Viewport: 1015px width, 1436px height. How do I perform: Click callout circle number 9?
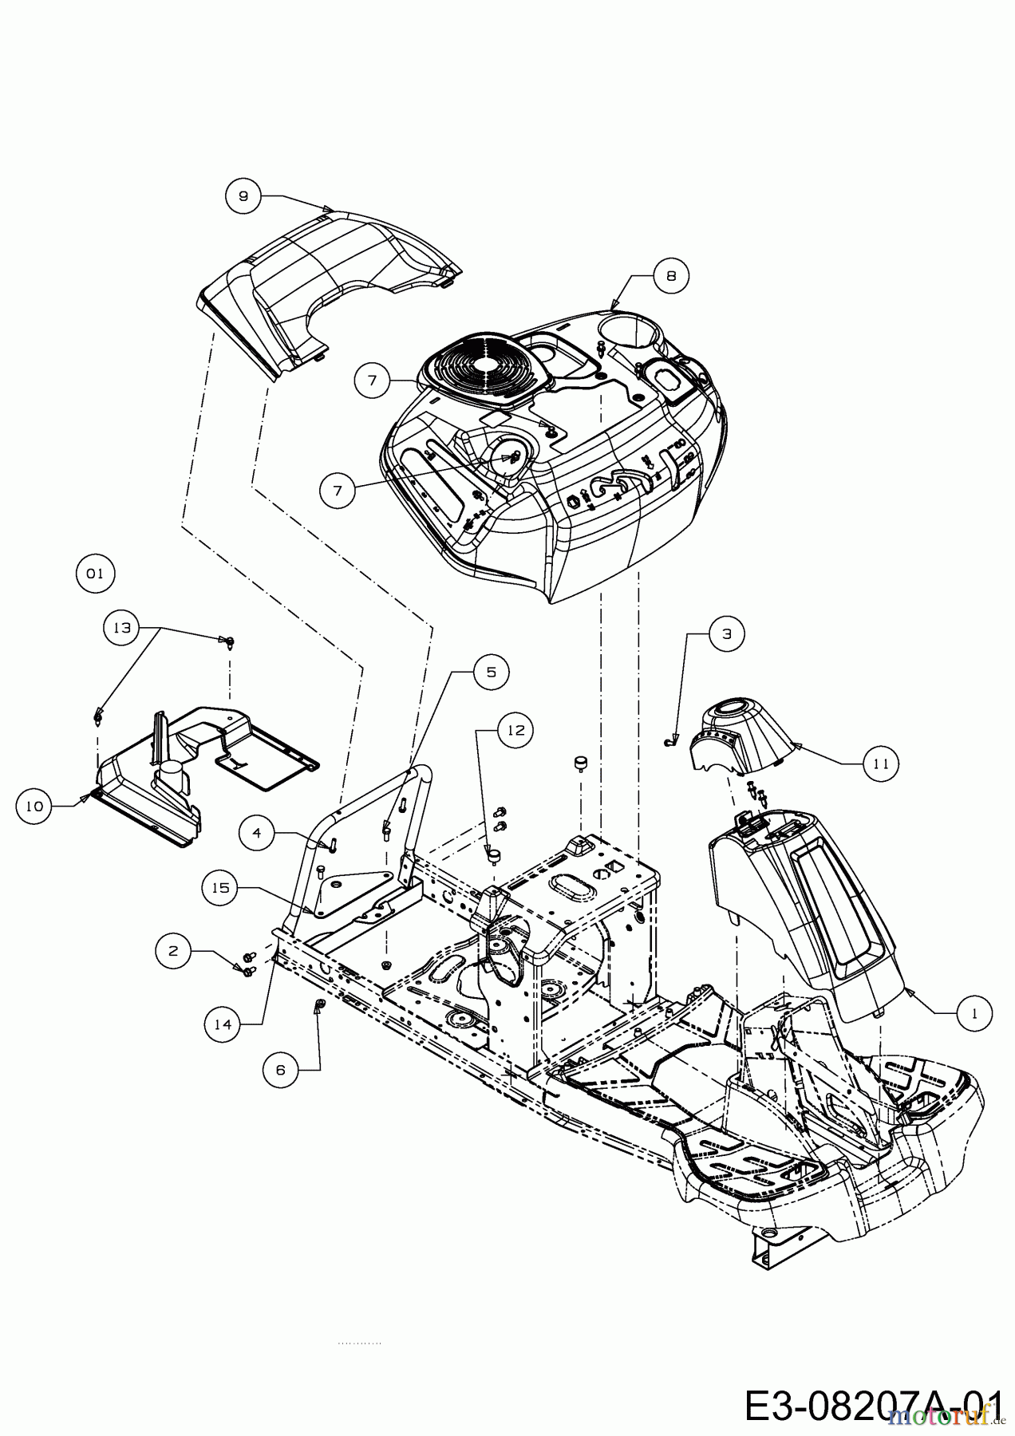[x=243, y=195]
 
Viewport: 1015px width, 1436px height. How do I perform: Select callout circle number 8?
[x=671, y=275]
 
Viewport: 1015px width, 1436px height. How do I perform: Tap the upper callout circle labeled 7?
[x=373, y=381]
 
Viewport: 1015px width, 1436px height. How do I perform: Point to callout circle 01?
[x=96, y=573]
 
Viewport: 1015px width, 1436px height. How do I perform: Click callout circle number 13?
[x=122, y=628]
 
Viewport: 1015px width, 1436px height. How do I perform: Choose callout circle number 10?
[x=34, y=806]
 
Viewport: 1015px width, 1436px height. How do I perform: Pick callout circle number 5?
[x=491, y=672]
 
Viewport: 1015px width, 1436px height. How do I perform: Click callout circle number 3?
[x=726, y=633]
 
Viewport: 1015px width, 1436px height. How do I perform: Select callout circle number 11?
[x=880, y=763]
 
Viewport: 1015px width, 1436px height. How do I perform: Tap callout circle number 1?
[x=974, y=1012]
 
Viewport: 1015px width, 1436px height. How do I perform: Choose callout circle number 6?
[x=280, y=1070]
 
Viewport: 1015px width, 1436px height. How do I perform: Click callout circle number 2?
[x=173, y=950]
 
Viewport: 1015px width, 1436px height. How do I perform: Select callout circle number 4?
[x=257, y=833]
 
